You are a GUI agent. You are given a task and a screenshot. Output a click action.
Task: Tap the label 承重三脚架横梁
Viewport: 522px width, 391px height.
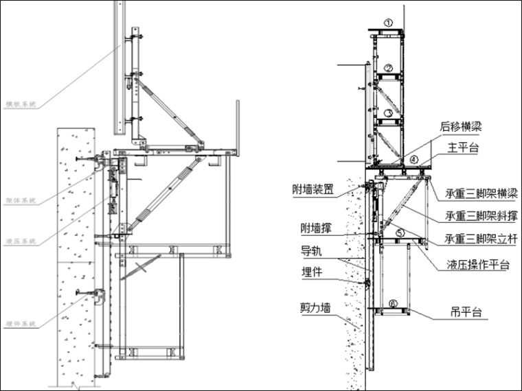pos(480,193)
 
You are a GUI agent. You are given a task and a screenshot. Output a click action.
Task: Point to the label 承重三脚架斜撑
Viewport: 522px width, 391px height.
pos(480,216)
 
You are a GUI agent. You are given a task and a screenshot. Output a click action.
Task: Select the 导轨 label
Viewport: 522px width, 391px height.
pos(310,250)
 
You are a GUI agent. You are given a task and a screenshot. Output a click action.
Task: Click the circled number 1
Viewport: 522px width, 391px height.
pos(388,23)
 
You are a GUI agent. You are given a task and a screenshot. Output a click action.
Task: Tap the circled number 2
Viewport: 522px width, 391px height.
pos(388,68)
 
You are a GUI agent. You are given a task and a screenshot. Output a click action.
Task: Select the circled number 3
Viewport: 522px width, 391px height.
pos(388,112)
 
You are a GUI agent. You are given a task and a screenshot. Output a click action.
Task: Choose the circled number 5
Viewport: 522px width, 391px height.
pos(400,233)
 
